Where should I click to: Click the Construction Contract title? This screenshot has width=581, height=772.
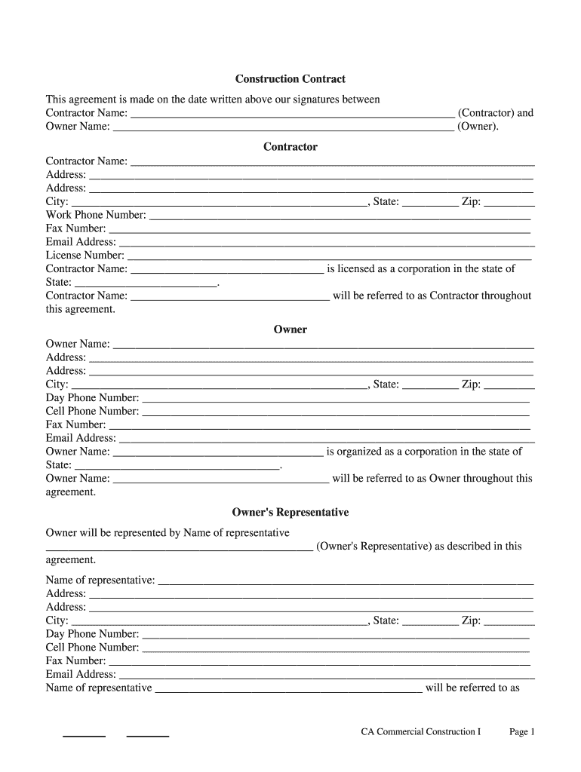coord(290,79)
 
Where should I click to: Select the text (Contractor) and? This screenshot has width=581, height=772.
coord(495,113)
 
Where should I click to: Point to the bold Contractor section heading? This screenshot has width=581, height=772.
coord(290,147)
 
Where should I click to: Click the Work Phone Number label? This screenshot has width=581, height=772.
coord(96,215)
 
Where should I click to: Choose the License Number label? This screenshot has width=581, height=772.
coord(85,256)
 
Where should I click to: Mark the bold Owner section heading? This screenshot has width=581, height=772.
coord(290,329)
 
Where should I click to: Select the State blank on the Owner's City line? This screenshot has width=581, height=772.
coord(430,384)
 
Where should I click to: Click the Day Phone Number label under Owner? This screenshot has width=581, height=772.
coord(92,398)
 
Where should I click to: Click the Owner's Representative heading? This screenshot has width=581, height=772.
coord(290,513)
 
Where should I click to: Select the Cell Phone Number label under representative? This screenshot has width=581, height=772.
coord(92,648)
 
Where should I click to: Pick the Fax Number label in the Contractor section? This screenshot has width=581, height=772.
coord(75,228)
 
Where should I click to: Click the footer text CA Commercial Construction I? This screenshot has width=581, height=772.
coord(420,732)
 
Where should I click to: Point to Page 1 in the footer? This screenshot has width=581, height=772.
coord(521,732)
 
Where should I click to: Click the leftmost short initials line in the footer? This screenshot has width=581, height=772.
coord(83,735)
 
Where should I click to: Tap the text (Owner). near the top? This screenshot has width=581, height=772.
coord(478,127)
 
